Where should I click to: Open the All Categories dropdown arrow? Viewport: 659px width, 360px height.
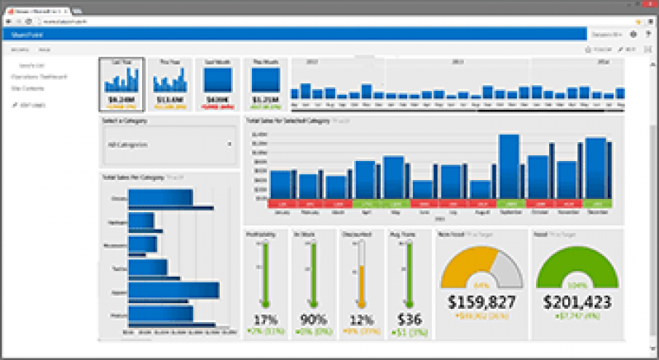pyautogui.click(x=229, y=144)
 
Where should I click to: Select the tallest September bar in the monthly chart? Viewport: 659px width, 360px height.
pyautogui.click(x=509, y=165)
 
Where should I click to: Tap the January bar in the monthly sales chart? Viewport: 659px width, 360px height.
pyautogui.click(x=281, y=183)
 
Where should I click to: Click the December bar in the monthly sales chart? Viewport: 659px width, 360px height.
pyautogui.click(x=595, y=168)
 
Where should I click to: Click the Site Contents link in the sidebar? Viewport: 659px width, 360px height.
pyautogui.click(x=28, y=87)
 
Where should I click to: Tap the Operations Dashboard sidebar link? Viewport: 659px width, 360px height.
pyautogui.click(x=38, y=77)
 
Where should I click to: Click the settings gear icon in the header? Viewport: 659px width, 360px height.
pyautogui.click(x=633, y=35)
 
